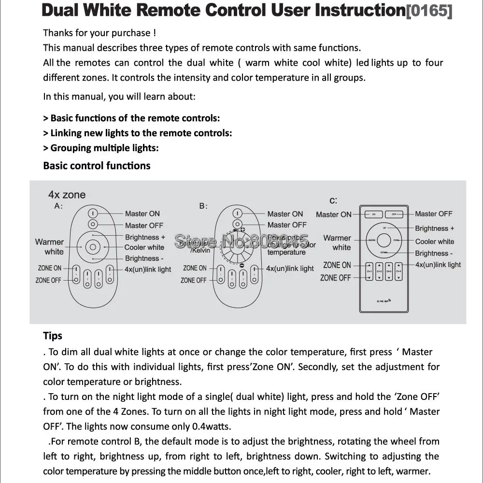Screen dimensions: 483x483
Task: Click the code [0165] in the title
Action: (429, 11)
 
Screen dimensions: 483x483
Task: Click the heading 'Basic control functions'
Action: (97, 166)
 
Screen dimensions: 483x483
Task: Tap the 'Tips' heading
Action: (53, 336)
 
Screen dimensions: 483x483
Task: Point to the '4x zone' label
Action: (67, 195)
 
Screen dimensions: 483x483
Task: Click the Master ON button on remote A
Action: (93, 213)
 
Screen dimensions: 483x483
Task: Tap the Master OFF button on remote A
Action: (93, 224)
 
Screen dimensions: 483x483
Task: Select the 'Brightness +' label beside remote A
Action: (145, 237)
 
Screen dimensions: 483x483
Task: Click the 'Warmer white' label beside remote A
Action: (49, 246)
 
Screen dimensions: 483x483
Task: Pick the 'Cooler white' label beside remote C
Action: (435, 241)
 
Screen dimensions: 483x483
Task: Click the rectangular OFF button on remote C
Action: (394, 214)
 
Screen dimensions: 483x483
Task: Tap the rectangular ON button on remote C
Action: (374, 214)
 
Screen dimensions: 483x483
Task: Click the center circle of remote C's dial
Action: (384, 240)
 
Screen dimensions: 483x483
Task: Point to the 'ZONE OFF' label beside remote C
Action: (335, 278)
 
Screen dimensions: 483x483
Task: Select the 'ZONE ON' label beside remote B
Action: (195, 268)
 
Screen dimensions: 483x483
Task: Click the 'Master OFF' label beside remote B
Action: (287, 225)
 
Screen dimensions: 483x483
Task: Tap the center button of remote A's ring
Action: (93, 247)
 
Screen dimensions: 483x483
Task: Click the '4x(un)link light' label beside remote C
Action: (438, 265)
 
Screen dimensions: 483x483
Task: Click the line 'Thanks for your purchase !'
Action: (99, 33)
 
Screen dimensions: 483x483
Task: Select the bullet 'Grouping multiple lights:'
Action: (101, 148)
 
